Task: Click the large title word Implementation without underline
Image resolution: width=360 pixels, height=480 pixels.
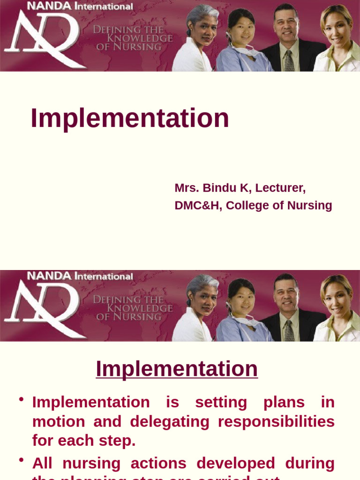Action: tap(129, 118)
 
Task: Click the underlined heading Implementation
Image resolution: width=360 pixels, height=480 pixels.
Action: tap(177, 369)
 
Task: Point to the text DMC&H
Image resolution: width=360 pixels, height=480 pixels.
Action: tap(197, 205)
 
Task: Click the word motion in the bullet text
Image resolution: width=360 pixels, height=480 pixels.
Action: tap(59, 421)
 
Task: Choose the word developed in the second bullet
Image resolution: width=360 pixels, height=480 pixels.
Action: tap(236, 463)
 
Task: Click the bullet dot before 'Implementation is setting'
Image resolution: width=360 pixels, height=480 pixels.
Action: tap(21, 399)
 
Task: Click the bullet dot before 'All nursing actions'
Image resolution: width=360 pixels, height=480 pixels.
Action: tap(21, 460)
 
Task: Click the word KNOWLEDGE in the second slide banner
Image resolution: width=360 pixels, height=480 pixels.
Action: tap(140, 308)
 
